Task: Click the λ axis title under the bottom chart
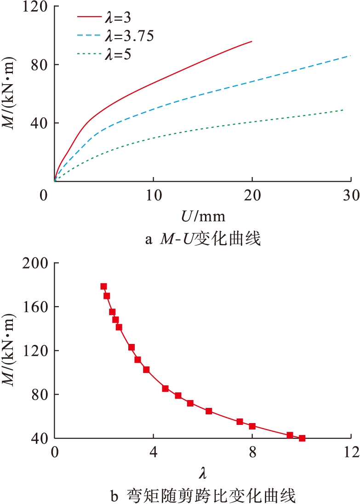[202, 472]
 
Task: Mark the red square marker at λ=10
[302, 438]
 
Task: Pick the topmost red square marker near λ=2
[103, 286]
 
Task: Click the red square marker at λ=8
[252, 426]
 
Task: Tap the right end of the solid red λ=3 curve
[252, 41]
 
